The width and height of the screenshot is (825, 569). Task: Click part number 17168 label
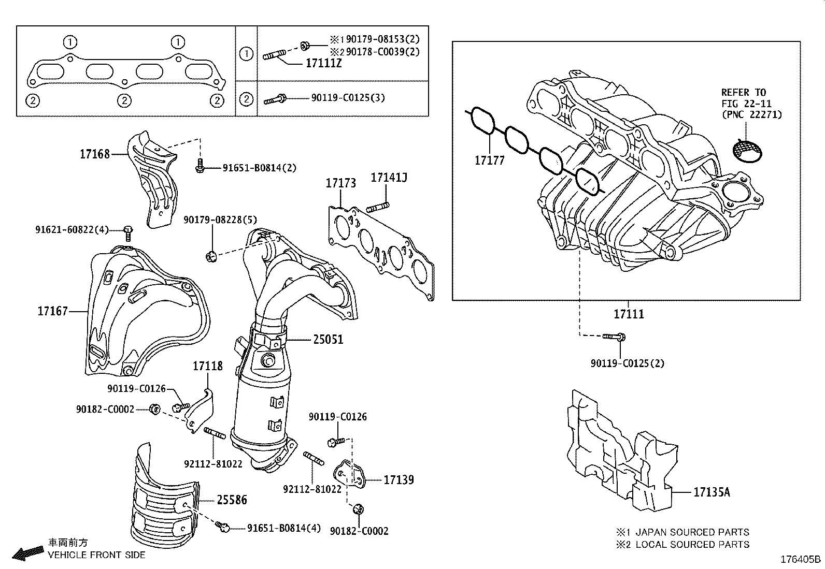click(x=95, y=154)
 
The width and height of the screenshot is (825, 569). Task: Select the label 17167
click(x=53, y=311)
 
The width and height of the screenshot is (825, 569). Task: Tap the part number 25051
click(x=328, y=340)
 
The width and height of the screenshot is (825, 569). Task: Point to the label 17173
click(x=340, y=183)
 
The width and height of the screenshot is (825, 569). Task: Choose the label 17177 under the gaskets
click(x=489, y=161)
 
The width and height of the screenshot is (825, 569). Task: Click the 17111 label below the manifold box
click(x=629, y=314)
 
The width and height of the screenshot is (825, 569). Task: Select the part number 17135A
click(x=712, y=492)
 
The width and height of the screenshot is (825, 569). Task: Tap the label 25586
click(x=232, y=500)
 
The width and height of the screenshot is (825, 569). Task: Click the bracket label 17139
click(x=399, y=480)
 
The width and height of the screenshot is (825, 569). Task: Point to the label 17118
click(x=207, y=366)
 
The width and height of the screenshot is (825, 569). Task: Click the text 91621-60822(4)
click(x=72, y=230)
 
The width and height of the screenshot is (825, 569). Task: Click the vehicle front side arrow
click(x=28, y=553)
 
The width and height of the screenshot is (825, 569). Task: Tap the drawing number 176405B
click(x=801, y=559)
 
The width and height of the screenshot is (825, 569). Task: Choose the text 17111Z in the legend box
click(x=323, y=64)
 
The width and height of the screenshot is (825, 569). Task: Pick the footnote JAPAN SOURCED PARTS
click(x=691, y=532)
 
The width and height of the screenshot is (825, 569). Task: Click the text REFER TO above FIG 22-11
click(x=744, y=93)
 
